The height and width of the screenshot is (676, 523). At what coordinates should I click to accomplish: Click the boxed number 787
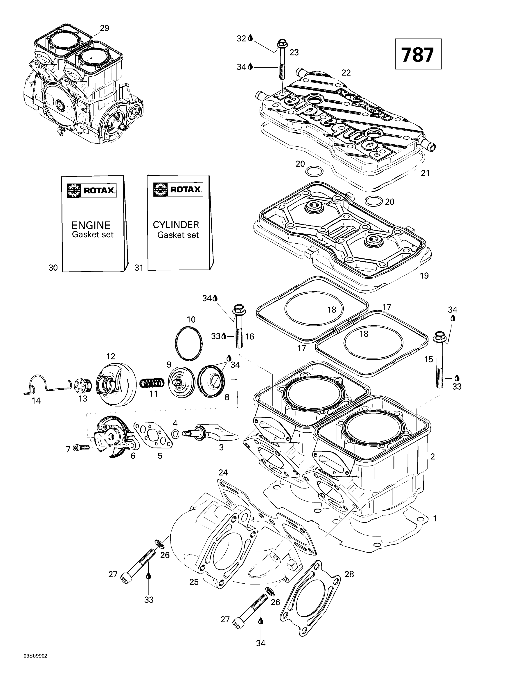pos(418,55)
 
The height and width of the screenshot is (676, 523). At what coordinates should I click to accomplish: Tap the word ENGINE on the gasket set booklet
pos(91,225)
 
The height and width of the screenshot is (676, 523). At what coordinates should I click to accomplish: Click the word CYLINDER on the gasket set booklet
pos(176,225)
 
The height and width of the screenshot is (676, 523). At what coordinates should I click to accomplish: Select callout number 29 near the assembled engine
pos(104,28)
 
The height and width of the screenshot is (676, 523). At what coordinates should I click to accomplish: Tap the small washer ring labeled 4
pos(175,434)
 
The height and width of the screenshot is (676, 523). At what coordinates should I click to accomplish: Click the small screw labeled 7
pos(81,447)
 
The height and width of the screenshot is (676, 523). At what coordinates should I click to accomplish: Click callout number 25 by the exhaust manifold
pos(194,582)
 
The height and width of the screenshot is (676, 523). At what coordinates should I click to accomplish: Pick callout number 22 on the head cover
pos(346,73)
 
